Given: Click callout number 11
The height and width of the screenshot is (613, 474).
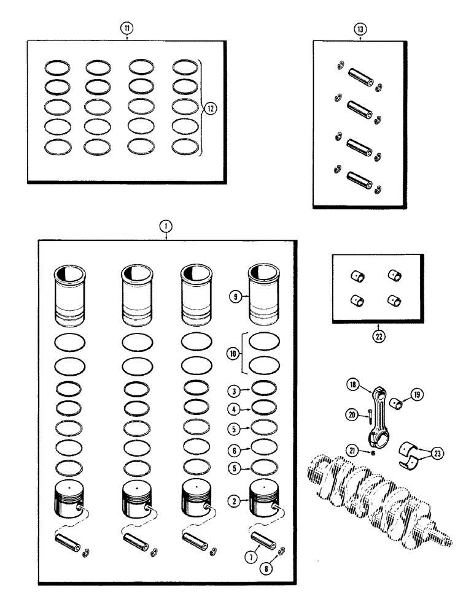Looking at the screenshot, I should pyautogui.click(x=126, y=29).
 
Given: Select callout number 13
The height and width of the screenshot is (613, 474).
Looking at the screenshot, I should pyautogui.click(x=359, y=29).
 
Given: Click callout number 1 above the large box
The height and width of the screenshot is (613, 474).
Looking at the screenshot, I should pyautogui.click(x=165, y=226).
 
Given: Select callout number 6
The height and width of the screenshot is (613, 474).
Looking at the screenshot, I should pyautogui.click(x=235, y=449).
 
